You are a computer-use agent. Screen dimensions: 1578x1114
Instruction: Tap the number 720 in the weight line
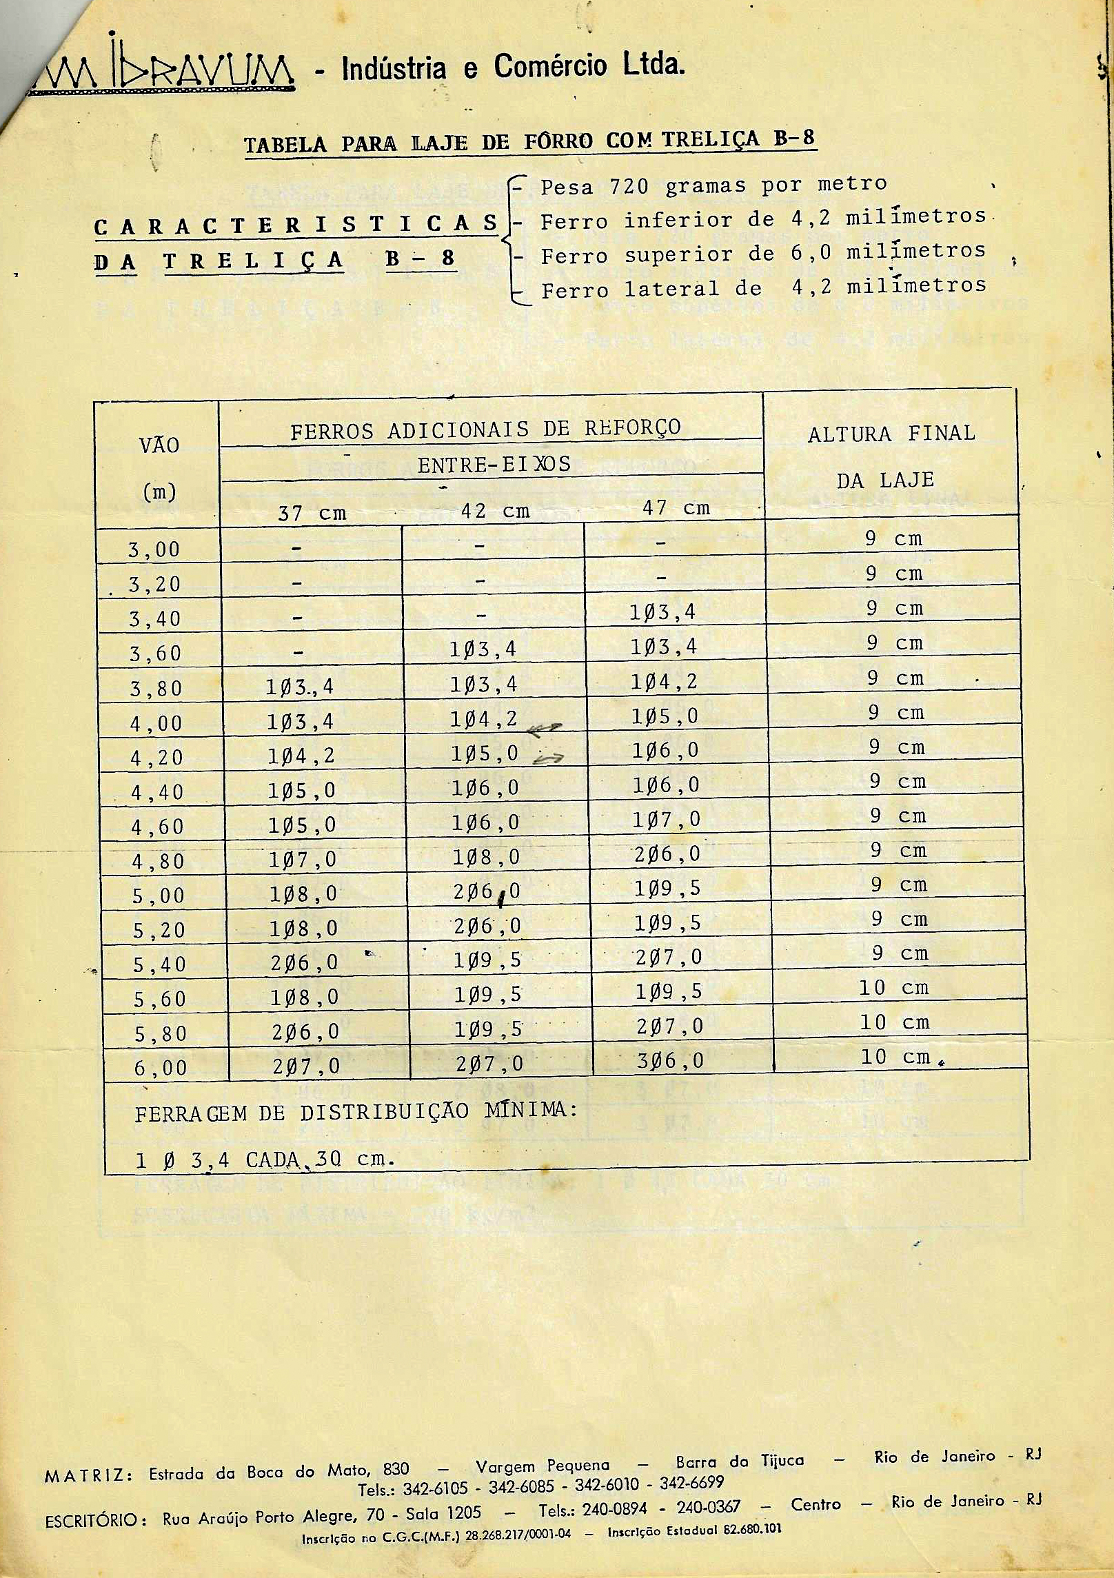pyautogui.click(x=629, y=186)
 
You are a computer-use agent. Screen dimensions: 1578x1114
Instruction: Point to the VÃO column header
pyautogui.click(x=159, y=445)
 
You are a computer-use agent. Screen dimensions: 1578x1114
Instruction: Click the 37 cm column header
pyautogui.click(x=312, y=512)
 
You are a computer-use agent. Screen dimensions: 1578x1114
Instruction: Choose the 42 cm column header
pyautogui.click(x=494, y=510)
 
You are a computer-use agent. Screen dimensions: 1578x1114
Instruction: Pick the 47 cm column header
pyautogui.click(x=676, y=508)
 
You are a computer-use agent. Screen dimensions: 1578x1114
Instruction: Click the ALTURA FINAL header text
pyautogui.click(x=891, y=434)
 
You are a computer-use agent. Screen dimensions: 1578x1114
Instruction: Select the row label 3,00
pyautogui.click(x=154, y=549)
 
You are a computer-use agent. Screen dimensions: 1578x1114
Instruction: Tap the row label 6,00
pyautogui.click(x=160, y=1068)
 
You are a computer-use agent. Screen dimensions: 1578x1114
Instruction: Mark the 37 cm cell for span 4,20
pyautogui.click(x=301, y=756)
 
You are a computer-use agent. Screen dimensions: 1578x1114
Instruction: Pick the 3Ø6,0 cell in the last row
pyautogui.click(x=669, y=1060)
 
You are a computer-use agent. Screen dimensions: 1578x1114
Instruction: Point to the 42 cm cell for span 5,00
pyautogui.click(x=486, y=892)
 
